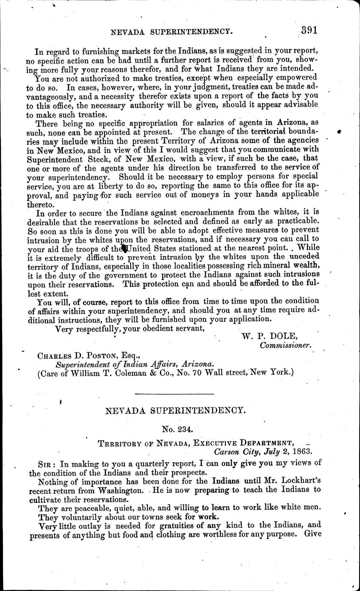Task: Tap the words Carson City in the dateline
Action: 235,451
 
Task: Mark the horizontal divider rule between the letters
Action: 174,394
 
